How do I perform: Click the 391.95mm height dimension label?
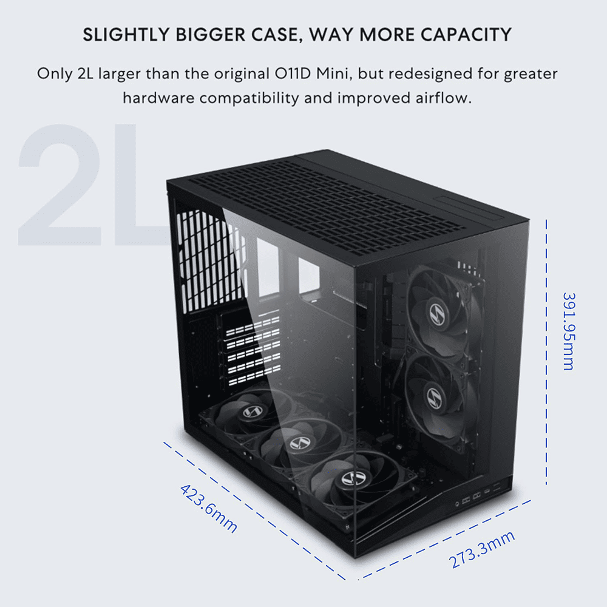569,331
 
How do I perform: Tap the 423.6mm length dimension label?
209,508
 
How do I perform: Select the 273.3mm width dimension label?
482,550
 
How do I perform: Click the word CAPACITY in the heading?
466,35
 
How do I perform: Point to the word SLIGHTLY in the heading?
126,35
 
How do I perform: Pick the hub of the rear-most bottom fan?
253,412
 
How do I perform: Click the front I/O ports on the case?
478,496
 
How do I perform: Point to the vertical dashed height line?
546,352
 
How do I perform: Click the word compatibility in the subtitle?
249,98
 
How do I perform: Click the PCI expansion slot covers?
254,351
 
